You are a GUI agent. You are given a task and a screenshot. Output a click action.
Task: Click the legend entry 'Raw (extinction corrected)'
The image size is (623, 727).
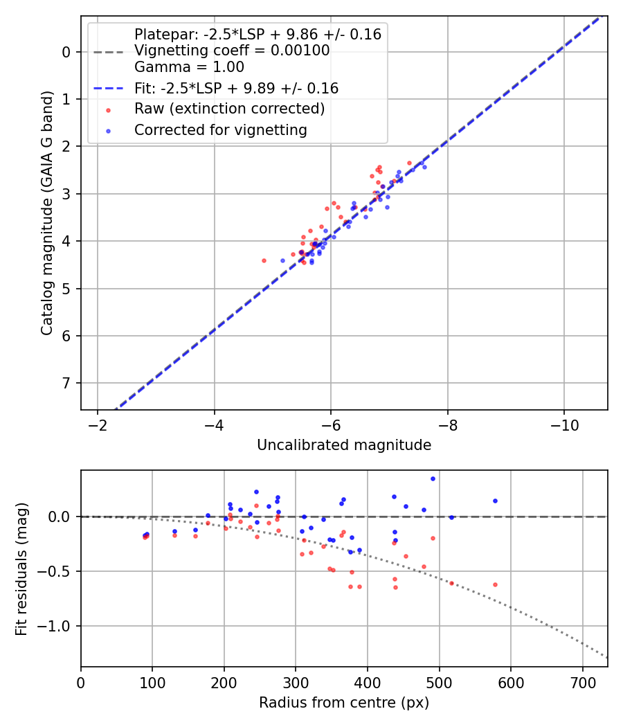click(229, 109)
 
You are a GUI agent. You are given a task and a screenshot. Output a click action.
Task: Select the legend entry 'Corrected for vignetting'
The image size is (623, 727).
click(220, 129)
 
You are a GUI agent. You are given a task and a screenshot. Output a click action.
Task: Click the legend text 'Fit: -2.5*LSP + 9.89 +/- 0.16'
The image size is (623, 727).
click(236, 88)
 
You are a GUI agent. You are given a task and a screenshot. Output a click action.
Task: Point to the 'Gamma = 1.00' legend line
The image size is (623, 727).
click(189, 67)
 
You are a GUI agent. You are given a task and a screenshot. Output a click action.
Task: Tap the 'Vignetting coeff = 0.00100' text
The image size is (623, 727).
click(232, 51)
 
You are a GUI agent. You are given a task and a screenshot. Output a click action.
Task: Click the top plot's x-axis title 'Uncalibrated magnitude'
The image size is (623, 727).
click(344, 445)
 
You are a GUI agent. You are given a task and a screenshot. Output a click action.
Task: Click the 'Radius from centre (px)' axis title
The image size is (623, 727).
click(344, 703)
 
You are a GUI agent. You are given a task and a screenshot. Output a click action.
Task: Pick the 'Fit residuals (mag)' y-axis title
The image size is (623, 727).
click(21, 568)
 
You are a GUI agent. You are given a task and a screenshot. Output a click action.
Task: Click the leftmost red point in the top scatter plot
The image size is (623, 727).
click(264, 260)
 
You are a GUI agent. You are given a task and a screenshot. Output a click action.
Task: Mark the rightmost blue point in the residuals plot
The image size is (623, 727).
click(495, 501)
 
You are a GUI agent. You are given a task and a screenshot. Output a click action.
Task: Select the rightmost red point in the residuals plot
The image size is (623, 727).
click(495, 584)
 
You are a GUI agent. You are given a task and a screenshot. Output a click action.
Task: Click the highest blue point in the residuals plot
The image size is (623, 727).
click(433, 478)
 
